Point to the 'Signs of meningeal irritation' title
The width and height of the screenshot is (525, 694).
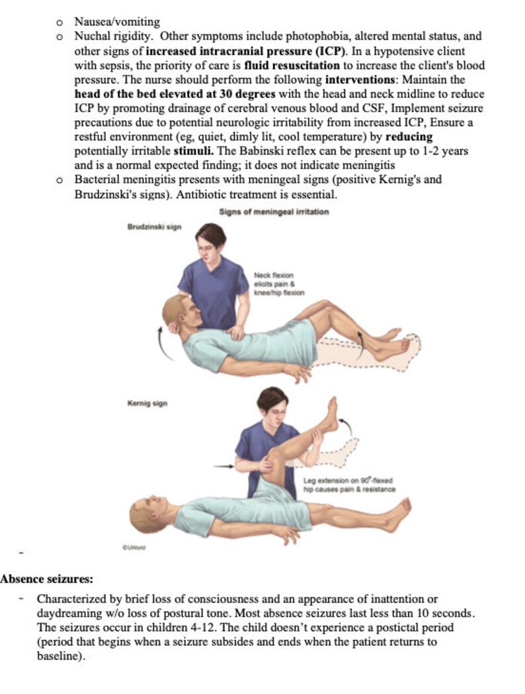tap(274, 211)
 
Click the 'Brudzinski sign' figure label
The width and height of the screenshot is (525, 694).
tap(154, 227)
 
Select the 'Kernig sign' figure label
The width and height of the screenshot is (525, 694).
tap(147, 403)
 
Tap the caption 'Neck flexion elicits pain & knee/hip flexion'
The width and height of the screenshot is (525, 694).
tap(278, 283)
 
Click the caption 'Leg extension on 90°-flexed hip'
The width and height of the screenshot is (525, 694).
tap(349, 485)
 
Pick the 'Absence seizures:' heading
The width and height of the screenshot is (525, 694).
tap(47, 579)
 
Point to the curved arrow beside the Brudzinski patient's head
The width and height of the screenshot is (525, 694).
tap(161, 344)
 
